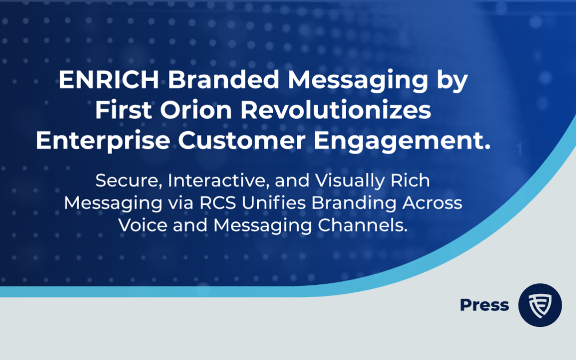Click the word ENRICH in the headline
(109, 79)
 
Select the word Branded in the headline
(223, 79)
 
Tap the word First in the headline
(123, 110)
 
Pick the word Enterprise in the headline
(103, 141)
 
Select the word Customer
(242, 141)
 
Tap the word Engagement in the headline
(398, 141)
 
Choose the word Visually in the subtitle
(349, 181)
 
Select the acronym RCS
(218, 203)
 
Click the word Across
(432, 203)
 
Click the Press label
(484, 305)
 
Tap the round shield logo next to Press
(540, 305)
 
